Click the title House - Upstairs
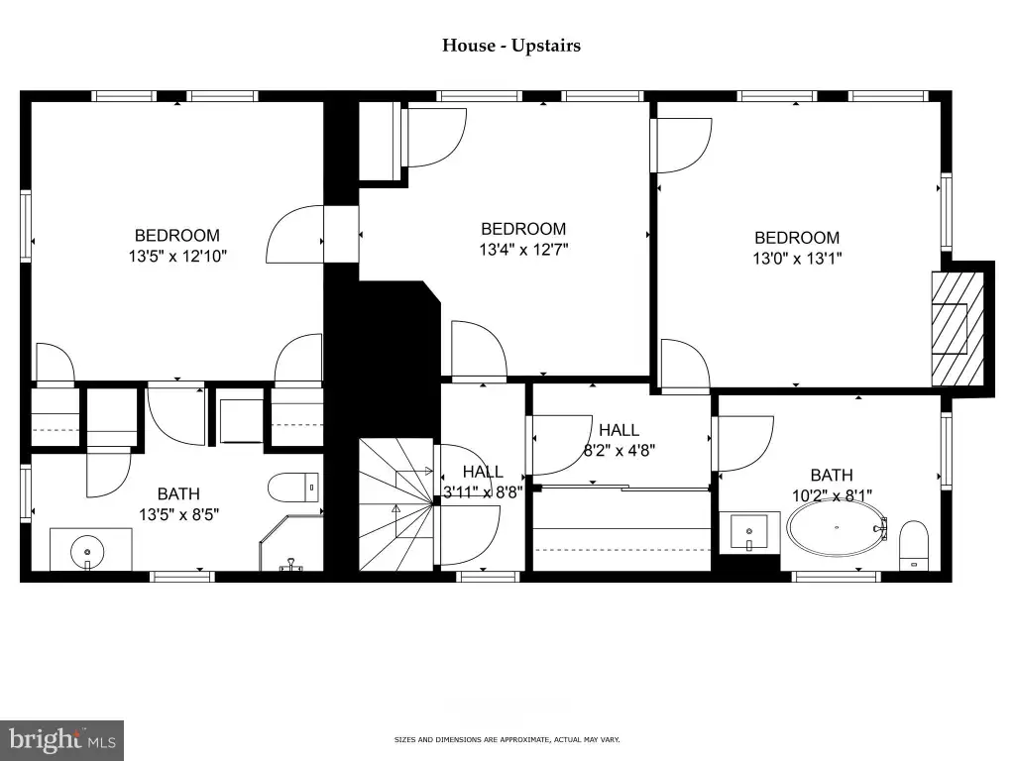point(511,46)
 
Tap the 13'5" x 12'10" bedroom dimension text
point(178,257)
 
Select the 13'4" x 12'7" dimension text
point(523,249)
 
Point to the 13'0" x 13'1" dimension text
point(797,259)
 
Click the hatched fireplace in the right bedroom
point(958,329)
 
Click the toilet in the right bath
point(913,546)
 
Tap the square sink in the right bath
point(749,532)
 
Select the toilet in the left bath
point(293,488)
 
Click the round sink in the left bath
point(87,551)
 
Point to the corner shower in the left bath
point(291,543)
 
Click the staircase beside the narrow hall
point(396,504)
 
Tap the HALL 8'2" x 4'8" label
point(620,440)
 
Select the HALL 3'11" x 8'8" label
point(483,482)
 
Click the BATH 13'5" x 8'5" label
point(178,504)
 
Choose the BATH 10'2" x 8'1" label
point(832,486)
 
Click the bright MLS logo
point(62,740)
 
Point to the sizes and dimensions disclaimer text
point(507,739)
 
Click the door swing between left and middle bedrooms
point(294,234)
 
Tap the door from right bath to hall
point(743,443)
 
